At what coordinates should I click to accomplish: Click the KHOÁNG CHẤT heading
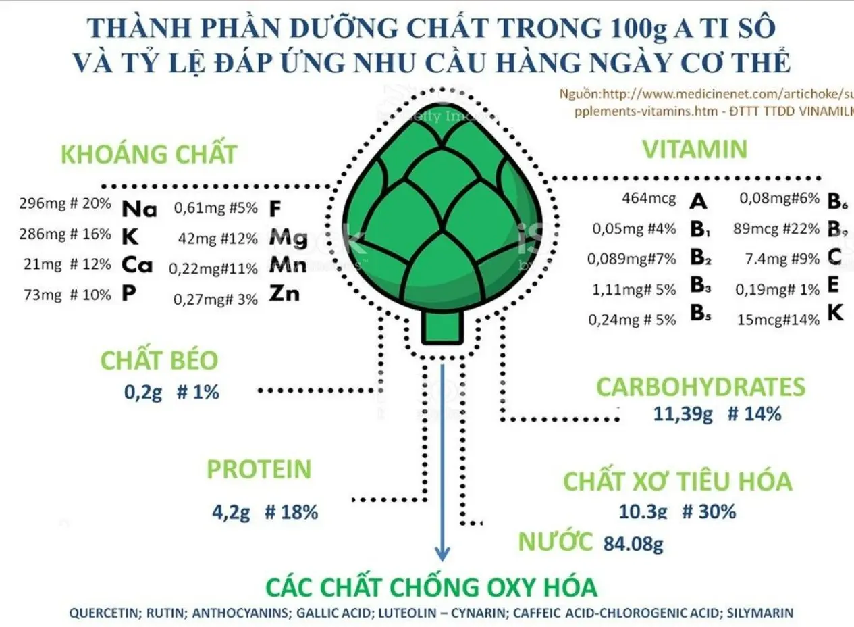149,154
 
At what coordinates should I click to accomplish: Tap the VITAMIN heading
695,149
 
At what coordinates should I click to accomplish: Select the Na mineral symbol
139,209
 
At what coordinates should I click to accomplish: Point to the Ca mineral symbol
137,265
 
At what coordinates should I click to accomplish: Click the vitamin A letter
699,201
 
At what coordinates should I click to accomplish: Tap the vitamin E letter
832,286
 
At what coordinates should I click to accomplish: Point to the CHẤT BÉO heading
159,361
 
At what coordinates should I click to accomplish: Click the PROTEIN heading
259,470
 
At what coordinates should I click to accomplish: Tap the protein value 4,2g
231,512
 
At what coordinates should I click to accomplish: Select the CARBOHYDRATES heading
701,387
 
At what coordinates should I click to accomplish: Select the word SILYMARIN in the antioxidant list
762,613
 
